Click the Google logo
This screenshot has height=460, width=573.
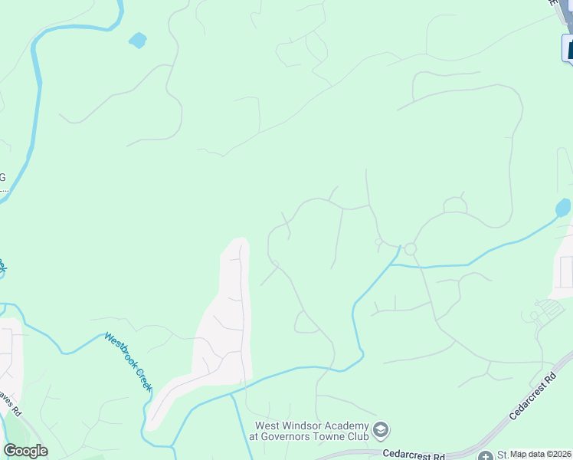[25, 450]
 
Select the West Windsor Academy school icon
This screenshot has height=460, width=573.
[381, 431]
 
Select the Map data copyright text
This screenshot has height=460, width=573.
[541, 454]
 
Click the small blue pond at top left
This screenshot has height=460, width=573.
[138, 40]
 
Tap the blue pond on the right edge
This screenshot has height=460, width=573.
[563, 208]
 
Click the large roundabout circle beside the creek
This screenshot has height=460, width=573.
[410, 249]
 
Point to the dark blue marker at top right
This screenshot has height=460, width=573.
[568, 48]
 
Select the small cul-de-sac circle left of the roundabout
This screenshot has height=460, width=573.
[378, 242]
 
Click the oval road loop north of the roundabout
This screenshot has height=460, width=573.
[455, 205]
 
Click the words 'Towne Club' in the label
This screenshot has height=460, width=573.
[342, 436]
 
